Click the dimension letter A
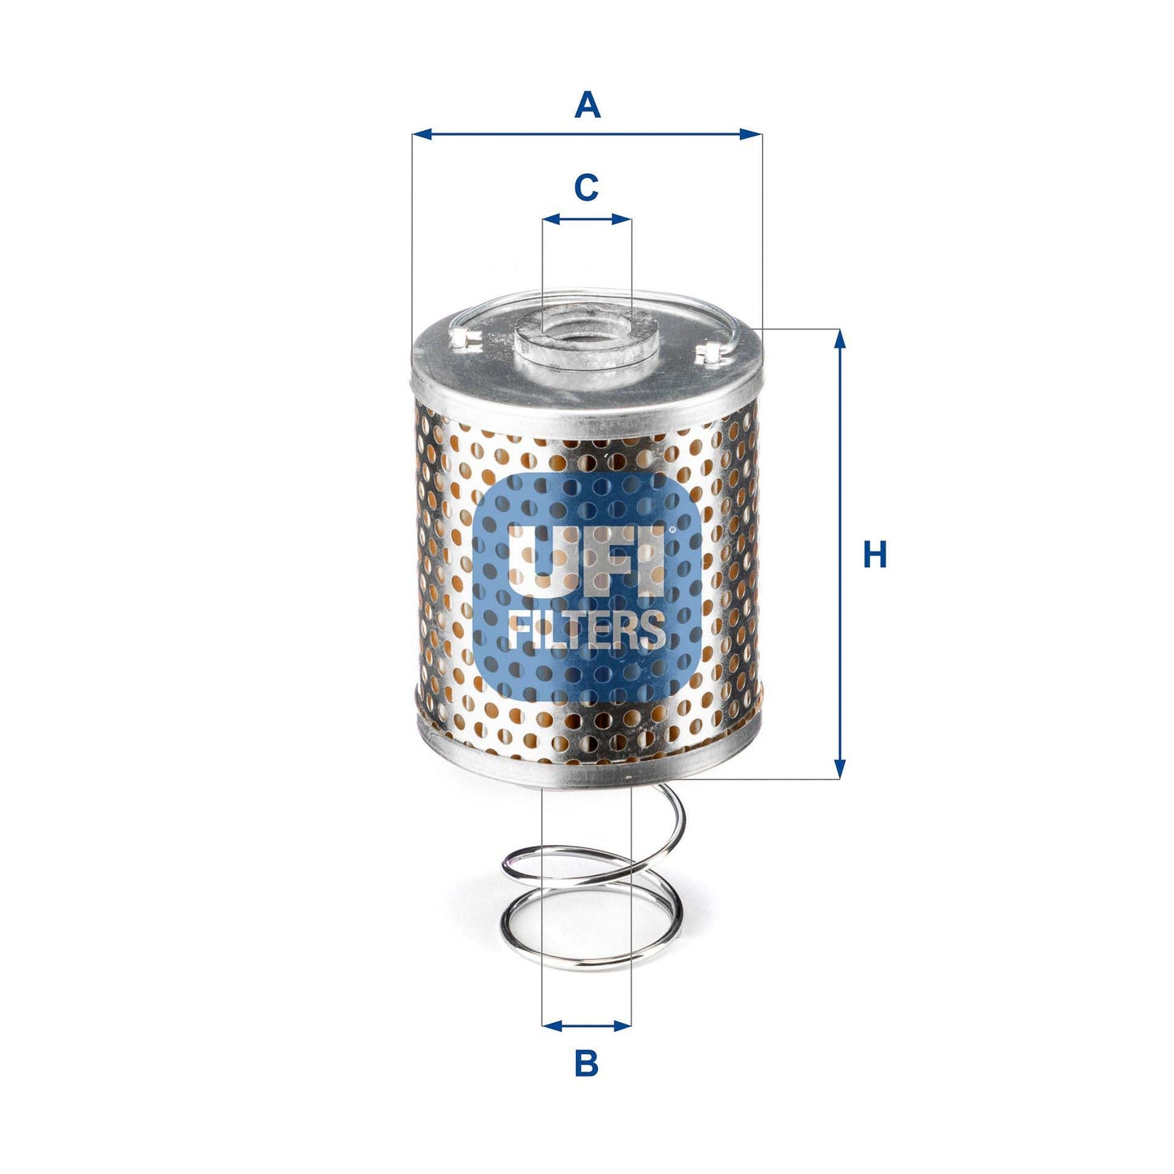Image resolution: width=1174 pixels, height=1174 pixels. click(587, 106)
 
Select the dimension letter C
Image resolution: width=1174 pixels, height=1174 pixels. click(586, 188)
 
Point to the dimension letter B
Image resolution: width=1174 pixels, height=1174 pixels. click(586, 1063)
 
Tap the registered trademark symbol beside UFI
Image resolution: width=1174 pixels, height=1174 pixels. click(671, 531)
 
